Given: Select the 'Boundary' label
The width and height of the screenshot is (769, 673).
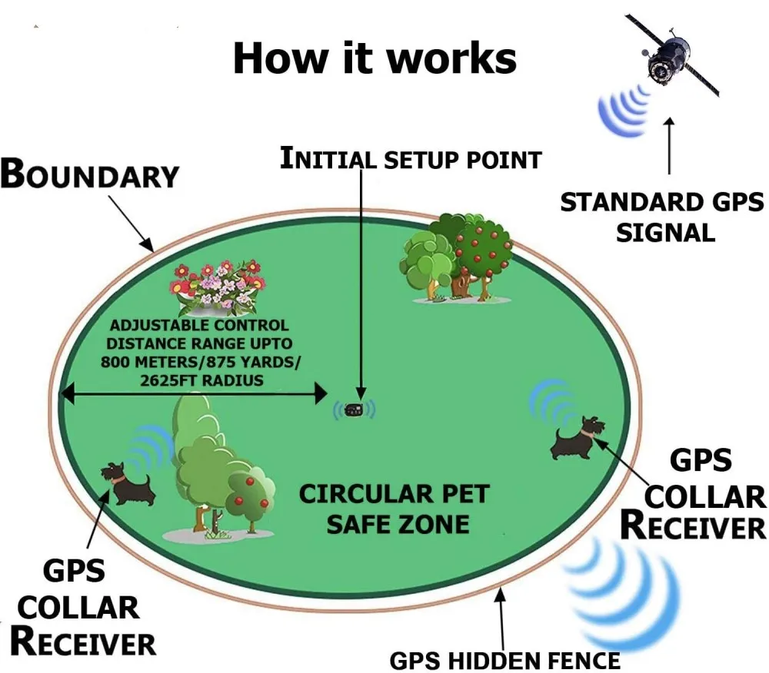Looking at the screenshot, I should coord(89,174).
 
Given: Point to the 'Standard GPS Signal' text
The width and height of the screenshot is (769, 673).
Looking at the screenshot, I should coord(662,217).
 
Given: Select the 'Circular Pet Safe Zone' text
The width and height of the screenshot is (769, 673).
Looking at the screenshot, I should coord(394,509).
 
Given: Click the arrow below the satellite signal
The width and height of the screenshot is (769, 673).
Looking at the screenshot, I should coord(670,146).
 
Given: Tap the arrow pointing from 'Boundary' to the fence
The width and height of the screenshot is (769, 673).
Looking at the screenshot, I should coord(131,223).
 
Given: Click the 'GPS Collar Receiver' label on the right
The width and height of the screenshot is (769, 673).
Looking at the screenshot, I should coord(695,495).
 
